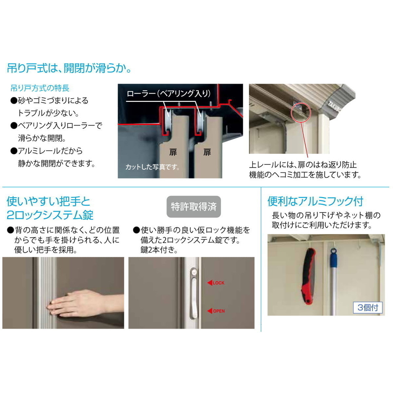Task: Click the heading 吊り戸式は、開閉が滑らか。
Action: [x=69, y=68]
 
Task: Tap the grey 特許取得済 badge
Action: [x=194, y=207]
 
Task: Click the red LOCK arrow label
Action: [x=216, y=283]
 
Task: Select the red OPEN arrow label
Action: [x=216, y=311]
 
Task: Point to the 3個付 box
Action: [x=368, y=307]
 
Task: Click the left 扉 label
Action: [x=173, y=152]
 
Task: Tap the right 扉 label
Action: [x=207, y=152]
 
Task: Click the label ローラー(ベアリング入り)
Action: [x=168, y=94]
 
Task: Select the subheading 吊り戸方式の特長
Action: [x=40, y=88]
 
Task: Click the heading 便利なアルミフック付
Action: [x=315, y=201]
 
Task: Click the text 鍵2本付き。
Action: [x=159, y=250]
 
